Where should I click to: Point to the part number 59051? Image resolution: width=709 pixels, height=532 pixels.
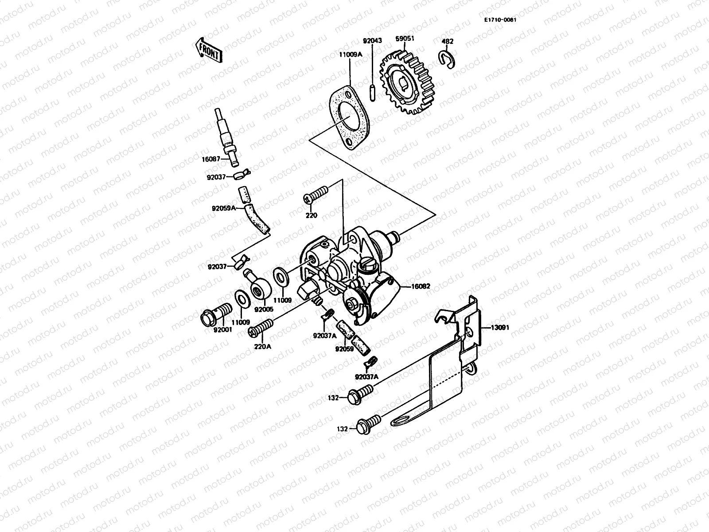point(405,39)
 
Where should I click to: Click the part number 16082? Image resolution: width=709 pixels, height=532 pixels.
point(421,287)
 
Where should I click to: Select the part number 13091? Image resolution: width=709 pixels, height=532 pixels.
point(500,328)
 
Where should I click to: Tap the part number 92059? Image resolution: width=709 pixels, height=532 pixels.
point(344,349)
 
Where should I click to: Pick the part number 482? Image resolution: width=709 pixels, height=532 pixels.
point(448,42)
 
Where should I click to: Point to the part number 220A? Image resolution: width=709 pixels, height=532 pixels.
point(262,347)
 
